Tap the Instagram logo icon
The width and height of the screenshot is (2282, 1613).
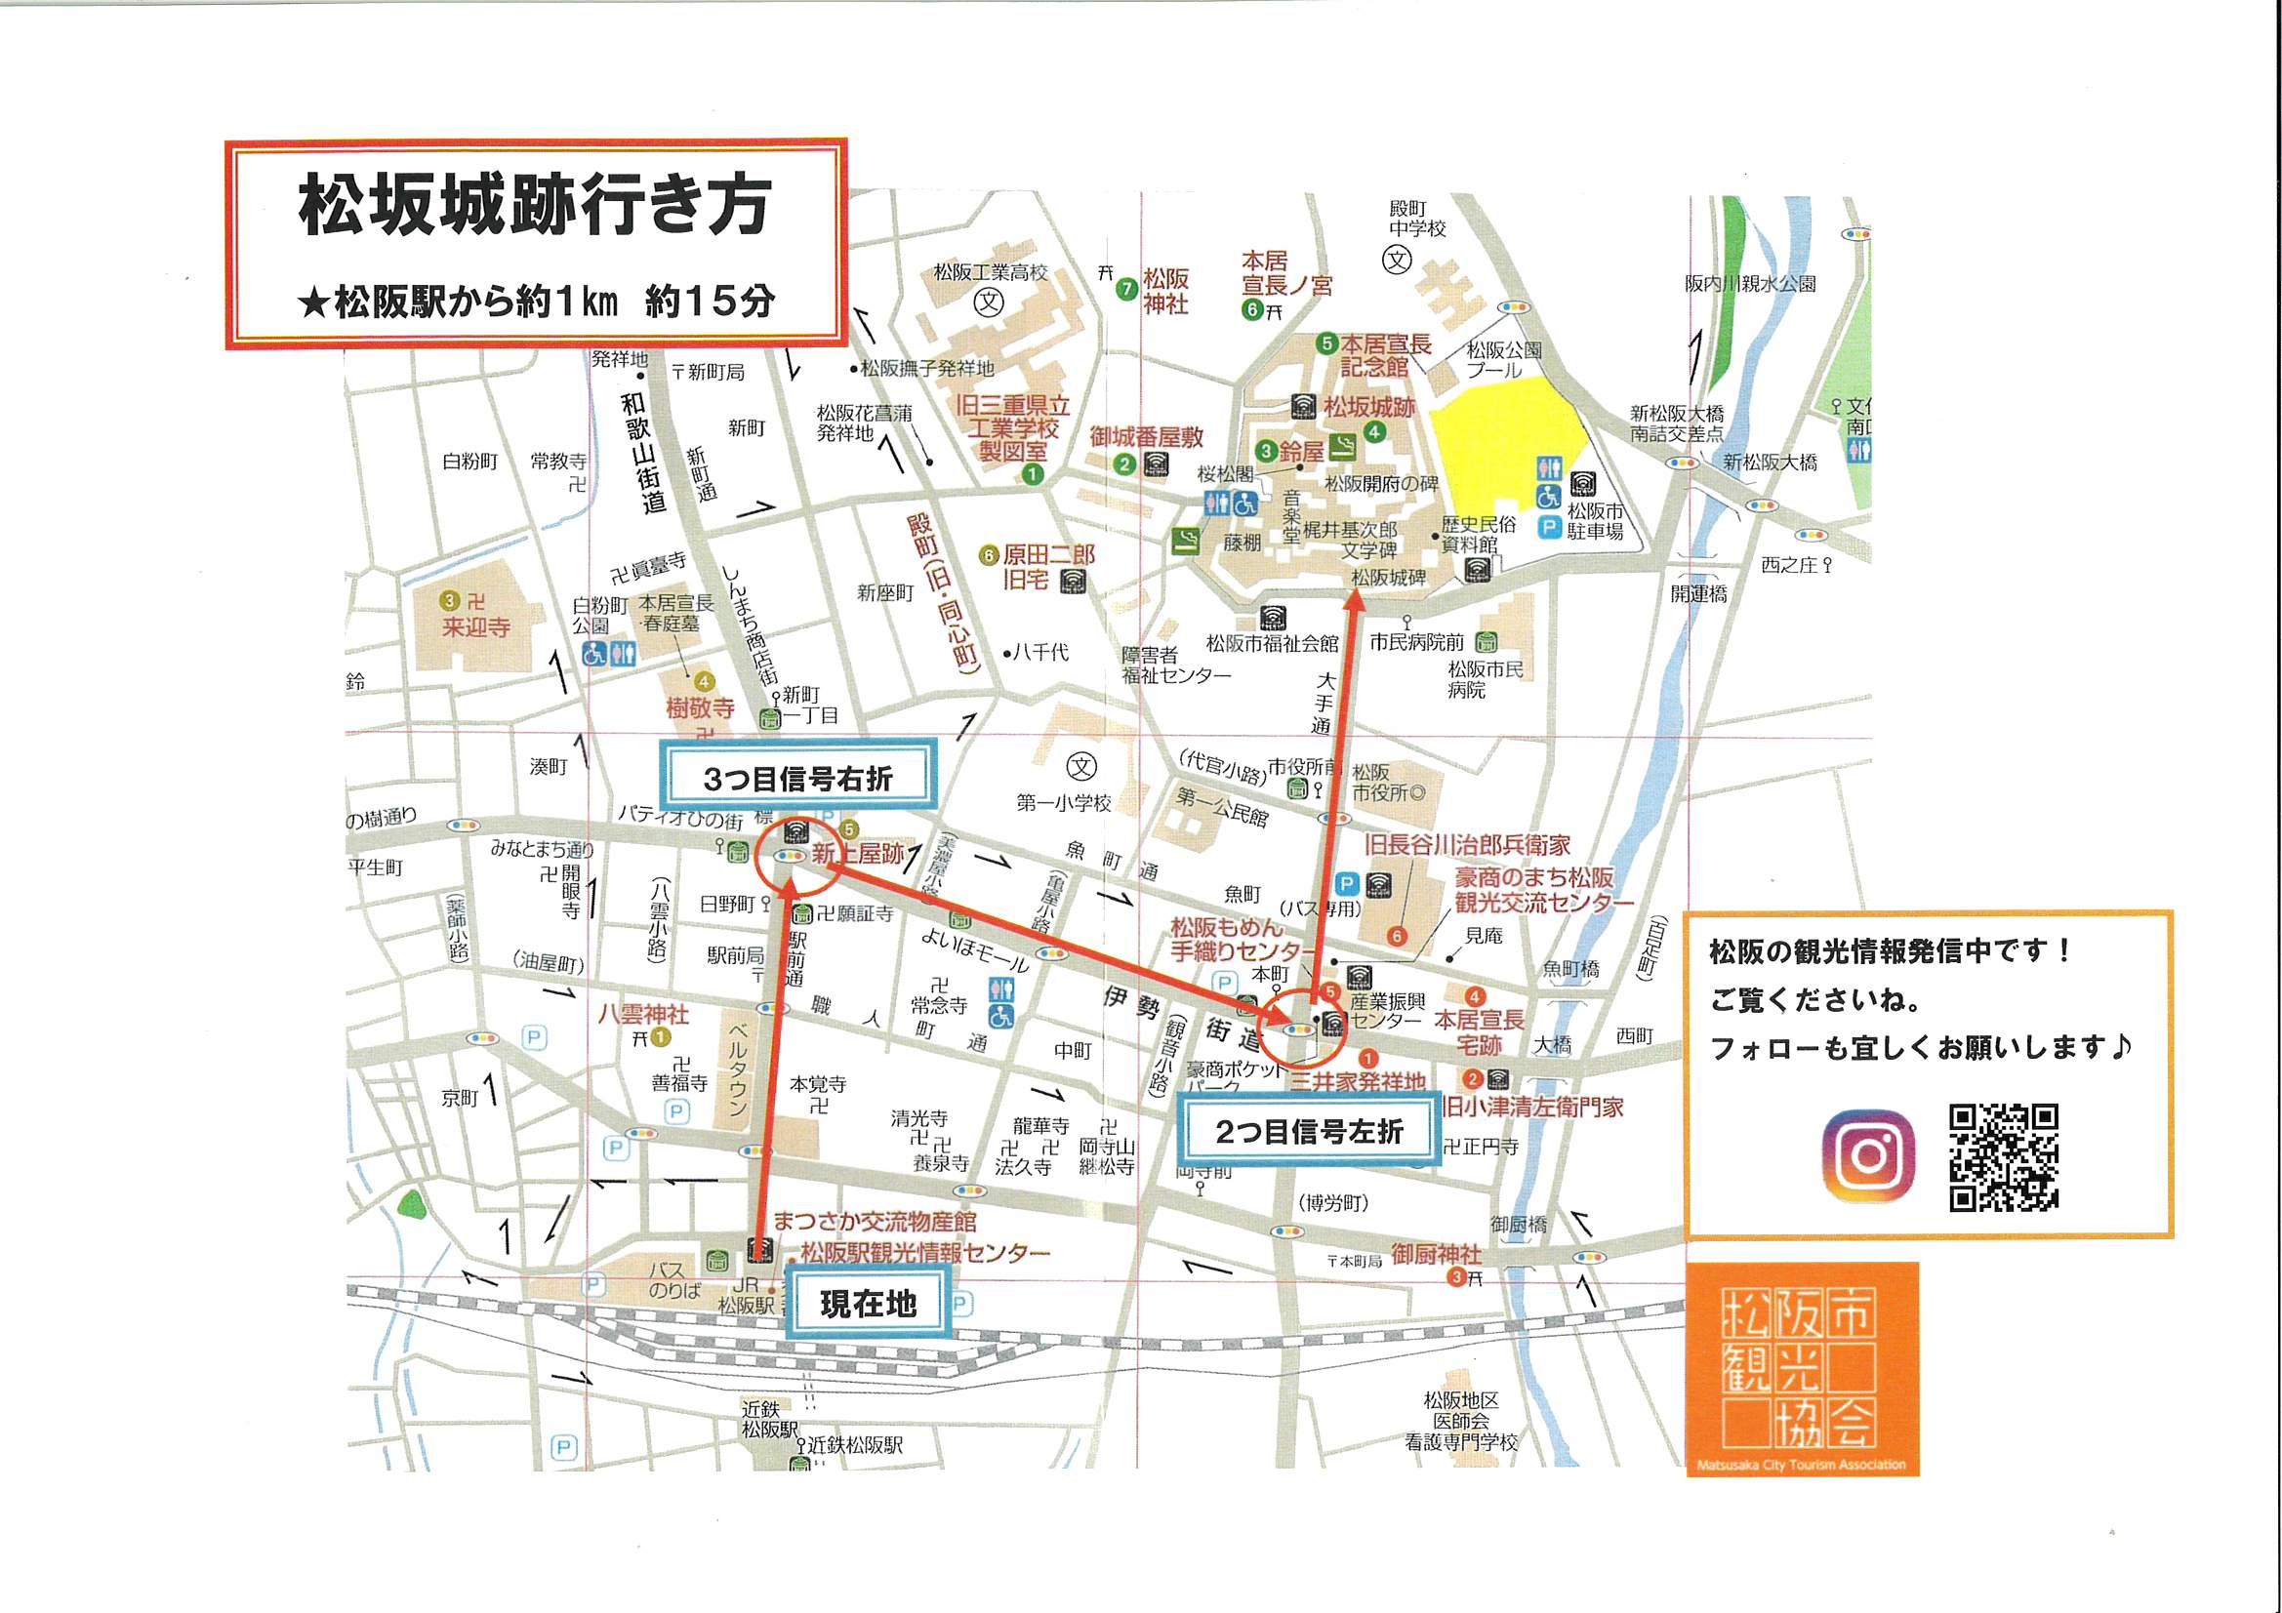1868,1154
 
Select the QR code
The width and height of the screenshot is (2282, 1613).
2003,1157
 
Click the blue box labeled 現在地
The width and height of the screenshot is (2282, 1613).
867,1303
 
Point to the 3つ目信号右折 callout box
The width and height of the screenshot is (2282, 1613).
797,777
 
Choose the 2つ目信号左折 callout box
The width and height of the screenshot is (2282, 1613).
1309,1130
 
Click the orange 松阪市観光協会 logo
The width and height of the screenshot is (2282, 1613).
1801,1368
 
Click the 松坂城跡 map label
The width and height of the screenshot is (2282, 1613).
1368,407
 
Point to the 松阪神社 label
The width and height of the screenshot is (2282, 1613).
1164,290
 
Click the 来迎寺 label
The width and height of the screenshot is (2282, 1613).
476,627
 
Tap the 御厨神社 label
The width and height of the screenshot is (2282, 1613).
1435,1254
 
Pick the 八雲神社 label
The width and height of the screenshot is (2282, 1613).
642,1014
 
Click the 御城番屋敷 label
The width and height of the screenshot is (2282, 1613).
1146,436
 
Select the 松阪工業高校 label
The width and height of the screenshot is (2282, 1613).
990,272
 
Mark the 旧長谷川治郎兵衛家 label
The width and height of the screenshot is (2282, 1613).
1466,845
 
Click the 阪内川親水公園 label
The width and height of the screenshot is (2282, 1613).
1750,283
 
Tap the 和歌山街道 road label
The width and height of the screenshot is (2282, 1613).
644,452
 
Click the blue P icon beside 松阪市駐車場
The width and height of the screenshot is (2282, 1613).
1548,528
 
